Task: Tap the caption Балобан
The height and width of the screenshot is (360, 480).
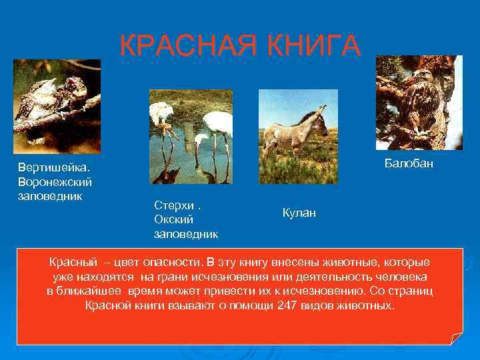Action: click(x=409, y=163)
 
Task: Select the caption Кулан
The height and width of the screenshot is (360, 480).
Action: click(x=299, y=213)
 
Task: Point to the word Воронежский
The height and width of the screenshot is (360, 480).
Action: click(x=55, y=181)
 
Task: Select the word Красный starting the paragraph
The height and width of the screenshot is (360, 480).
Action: click(x=73, y=261)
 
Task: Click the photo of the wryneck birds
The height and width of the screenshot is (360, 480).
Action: click(x=57, y=106)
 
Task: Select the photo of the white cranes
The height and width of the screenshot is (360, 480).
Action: click(x=191, y=137)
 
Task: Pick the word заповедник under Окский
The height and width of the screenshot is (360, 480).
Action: click(x=186, y=233)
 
